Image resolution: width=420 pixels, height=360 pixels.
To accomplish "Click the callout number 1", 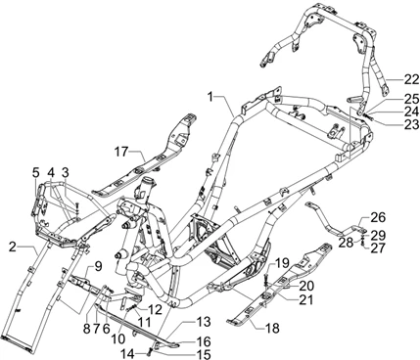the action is coord(210,97).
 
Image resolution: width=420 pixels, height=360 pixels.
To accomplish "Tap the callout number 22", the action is coord(410,79).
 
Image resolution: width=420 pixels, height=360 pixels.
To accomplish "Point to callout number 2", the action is coord(13,247).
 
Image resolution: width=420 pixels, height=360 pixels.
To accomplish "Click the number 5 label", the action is coord(35,172).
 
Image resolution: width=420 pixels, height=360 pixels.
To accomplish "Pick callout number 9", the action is coord(99,266).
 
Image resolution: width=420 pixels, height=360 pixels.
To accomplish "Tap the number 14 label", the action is coord(128,353).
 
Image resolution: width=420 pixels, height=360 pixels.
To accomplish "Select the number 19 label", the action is coord(282,262).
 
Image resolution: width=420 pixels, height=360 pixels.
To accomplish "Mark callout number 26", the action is coord(378,217).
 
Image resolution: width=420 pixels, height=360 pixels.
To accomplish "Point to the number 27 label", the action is coord(378,247).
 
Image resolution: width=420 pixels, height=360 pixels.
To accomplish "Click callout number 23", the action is coord(411,123).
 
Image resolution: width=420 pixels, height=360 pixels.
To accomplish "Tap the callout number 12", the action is coord(155,310).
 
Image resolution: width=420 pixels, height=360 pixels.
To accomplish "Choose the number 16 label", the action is coord(204,341).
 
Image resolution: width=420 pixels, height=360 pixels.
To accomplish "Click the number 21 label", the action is coord(306,299).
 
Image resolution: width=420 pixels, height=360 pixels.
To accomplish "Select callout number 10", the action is coord(118,338).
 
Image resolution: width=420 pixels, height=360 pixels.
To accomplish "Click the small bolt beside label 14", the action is coord(150,351).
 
